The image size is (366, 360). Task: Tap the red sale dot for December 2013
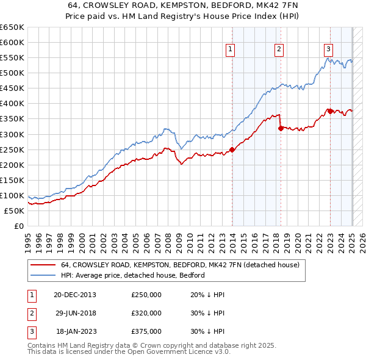pyautogui.click(x=232, y=149)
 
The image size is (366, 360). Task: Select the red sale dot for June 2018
pyautogui.click(x=281, y=128)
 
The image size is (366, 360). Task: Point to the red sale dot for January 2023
pyautogui.click(x=330, y=111)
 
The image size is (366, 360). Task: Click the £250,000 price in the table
pyautogui.click(x=146, y=294)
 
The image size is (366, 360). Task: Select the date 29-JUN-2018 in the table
pyautogui.click(x=75, y=313)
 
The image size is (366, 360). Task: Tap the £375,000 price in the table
pyautogui.click(x=146, y=332)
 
